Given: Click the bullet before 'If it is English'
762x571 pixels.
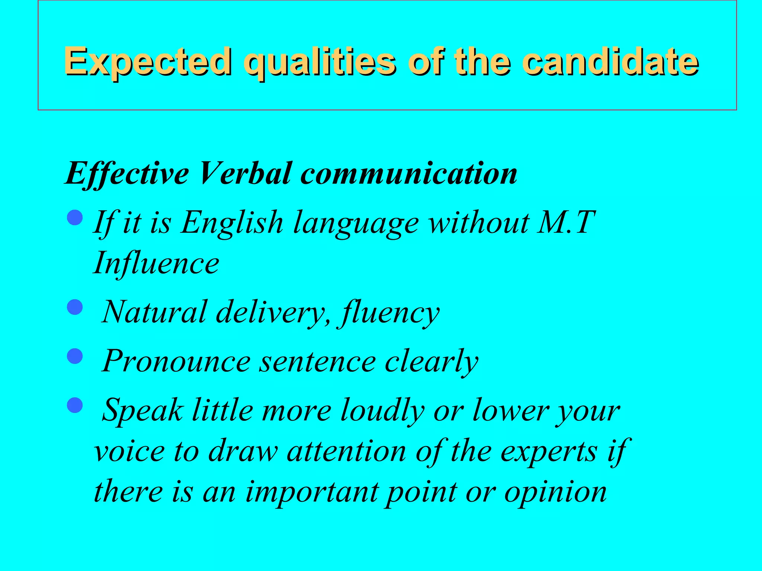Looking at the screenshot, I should point(75,217).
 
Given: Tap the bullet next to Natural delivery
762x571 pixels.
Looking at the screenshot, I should point(75,307).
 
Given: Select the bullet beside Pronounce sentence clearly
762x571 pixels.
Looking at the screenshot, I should point(75,356).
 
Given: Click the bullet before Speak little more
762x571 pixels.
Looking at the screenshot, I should point(75,405).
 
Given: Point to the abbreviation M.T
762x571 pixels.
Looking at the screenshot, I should point(566,222).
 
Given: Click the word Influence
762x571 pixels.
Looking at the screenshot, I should point(156,263).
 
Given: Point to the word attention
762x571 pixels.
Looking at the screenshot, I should point(346,451).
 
